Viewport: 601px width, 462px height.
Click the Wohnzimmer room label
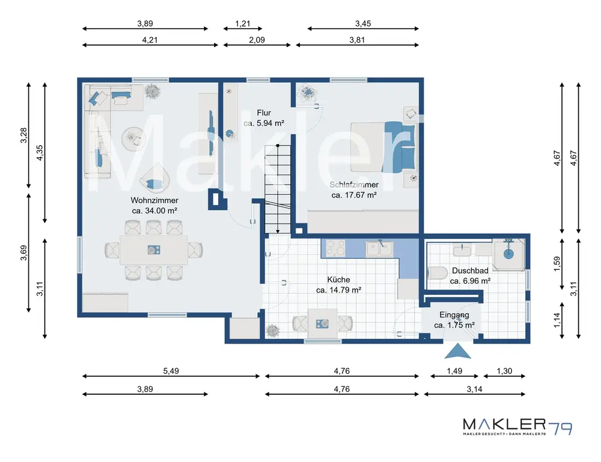[154, 205]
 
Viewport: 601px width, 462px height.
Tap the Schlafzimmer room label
[354, 190]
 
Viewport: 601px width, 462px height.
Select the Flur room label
[264, 118]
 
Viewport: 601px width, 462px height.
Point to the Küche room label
[338, 285]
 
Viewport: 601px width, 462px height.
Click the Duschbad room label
[470, 276]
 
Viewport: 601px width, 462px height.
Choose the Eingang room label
[454, 320]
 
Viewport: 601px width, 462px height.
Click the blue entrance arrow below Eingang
[457, 351]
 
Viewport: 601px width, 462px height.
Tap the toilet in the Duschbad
[438, 273]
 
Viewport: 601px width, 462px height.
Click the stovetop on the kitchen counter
[335, 248]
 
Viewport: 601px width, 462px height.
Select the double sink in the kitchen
[379, 248]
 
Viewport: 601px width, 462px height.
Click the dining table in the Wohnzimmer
[154, 250]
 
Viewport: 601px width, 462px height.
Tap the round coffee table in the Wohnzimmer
[134, 138]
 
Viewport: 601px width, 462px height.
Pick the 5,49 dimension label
[171, 371]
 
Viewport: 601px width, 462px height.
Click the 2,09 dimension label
[257, 40]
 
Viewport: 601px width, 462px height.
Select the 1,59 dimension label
[557, 264]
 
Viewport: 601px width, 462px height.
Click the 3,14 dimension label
[475, 389]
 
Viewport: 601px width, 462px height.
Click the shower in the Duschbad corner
[508, 254]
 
